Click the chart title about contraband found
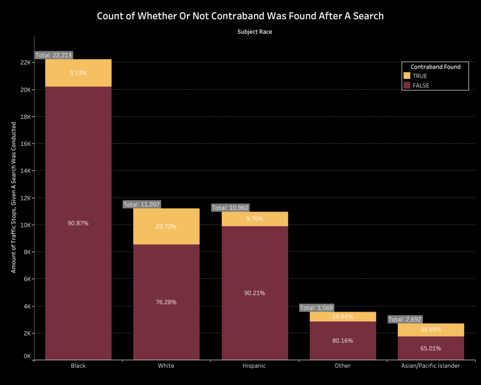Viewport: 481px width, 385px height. click(240, 16)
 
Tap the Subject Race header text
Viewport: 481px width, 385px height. click(255, 32)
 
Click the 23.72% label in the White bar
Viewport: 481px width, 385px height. click(166, 227)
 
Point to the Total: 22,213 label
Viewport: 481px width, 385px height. click(53, 55)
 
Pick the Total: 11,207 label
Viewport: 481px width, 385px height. click(141, 204)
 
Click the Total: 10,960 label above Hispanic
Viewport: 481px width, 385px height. click(230, 208)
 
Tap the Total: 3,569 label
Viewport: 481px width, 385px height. click(318, 308)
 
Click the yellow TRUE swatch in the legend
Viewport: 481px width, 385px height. click(407, 76)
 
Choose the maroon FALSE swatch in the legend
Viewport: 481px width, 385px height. click(407, 86)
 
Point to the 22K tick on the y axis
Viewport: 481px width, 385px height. click(25, 62)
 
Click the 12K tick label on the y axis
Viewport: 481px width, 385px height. click(25, 198)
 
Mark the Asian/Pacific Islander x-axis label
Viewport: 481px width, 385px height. click(431, 366)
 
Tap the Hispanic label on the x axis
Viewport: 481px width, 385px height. click(255, 366)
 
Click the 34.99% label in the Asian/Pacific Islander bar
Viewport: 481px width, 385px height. click(431, 330)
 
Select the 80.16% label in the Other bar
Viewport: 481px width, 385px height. click(342, 340)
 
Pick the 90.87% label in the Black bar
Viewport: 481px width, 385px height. click(78, 223)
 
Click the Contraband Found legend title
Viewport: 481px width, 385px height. click(435, 67)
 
